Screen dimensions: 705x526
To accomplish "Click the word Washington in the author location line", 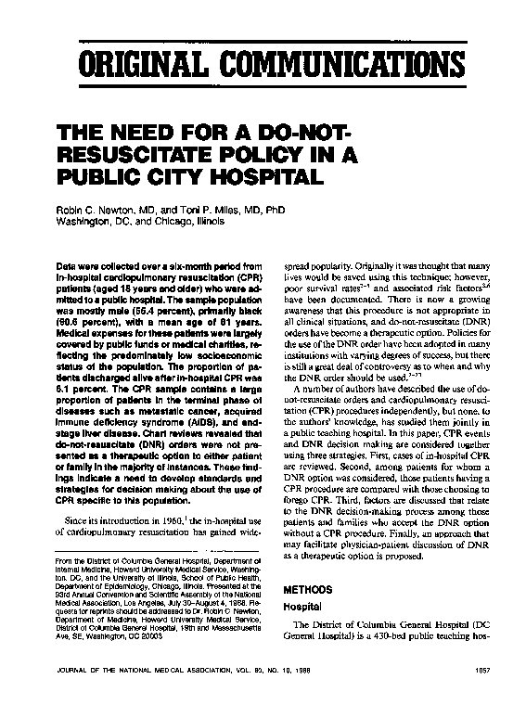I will point(86,223).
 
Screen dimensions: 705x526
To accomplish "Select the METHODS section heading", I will point(308,588).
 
